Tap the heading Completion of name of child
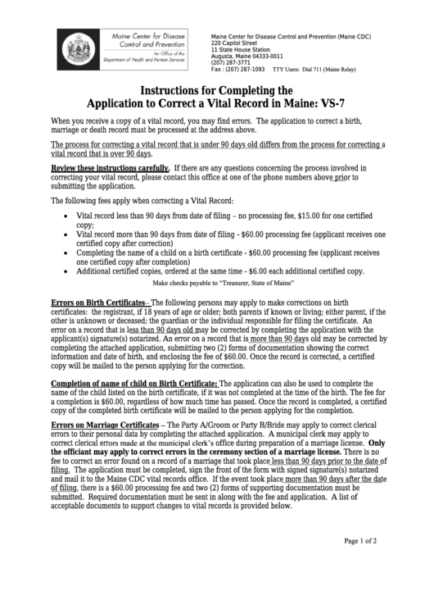[x=134, y=383]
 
